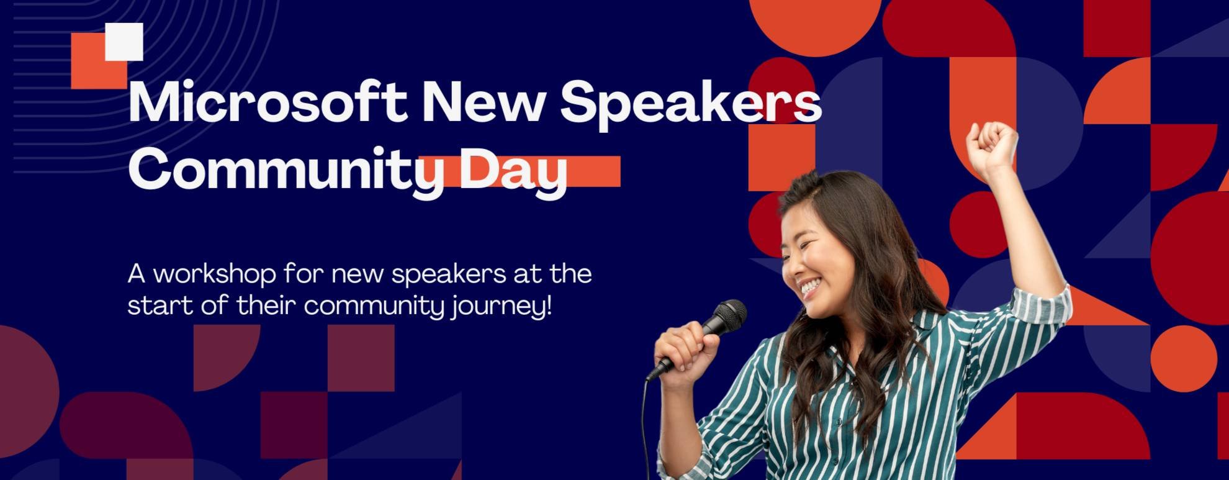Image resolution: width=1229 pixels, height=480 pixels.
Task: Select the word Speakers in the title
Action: pyautogui.click(x=690, y=103)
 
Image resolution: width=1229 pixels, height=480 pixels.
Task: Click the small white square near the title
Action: pyautogui.click(x=124, y=42)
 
